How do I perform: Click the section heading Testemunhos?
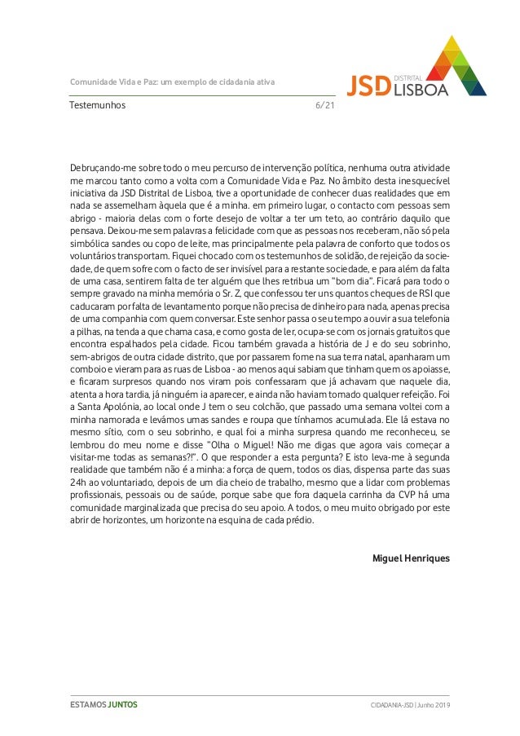(x=98, y=105)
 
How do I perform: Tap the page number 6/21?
(x=324, y=105)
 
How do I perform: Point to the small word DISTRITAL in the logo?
(x=408, y=77)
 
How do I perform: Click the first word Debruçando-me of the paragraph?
(x=102, y=168)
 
